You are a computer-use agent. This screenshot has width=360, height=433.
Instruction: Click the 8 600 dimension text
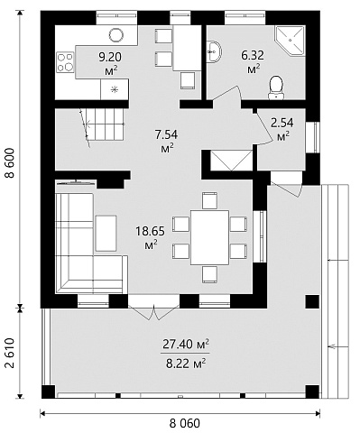click(10, 163)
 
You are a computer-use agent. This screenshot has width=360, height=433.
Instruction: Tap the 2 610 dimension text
click(10, 353)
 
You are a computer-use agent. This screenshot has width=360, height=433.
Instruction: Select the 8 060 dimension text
click(184, 423)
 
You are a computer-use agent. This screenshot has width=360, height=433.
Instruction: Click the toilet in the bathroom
click(276, 88)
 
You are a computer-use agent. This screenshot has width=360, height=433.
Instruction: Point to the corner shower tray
click(290, 41)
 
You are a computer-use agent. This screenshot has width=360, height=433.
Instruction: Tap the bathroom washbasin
click(214, 52)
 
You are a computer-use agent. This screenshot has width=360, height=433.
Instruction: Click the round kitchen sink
click(116, 35)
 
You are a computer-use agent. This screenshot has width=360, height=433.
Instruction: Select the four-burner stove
click(65, 62)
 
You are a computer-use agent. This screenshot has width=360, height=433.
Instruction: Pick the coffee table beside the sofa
click(106, 233)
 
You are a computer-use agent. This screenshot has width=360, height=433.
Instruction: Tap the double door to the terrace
click(153, 311)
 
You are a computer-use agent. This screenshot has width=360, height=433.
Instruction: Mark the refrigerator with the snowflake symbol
click(115, 89)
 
